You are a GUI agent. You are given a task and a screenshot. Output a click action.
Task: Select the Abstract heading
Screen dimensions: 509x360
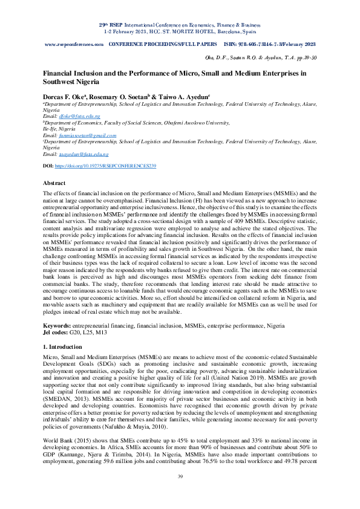[55, 182]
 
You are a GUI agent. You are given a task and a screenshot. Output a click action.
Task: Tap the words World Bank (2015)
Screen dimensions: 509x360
[64, 438]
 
